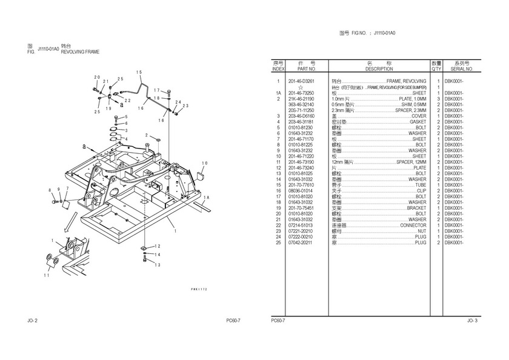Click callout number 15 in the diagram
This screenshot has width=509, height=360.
[x=139, y=73]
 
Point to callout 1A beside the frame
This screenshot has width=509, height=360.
[x=207, y=198]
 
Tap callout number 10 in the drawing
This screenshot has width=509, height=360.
[x=204, y=163]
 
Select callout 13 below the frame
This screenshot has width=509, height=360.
[x=157, y=265]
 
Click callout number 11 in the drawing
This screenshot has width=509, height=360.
[x=48, y=275]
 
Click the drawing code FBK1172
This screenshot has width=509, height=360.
[x=199, y=290]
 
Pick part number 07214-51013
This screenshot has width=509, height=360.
[x=301, y=225]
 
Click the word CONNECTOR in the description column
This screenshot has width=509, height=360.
[x=413, y=225]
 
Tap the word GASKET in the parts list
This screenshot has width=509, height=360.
[x=418, y=122]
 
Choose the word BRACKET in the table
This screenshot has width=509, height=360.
[x=416, y=208]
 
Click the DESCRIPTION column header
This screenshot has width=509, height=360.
[x=379, y=69]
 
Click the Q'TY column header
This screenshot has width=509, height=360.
[x=436, y=69]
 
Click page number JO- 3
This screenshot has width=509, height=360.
[x=472, y=320]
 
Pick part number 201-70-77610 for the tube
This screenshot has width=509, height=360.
[x=301, y=185]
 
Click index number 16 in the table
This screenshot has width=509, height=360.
[x=278, y=190]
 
